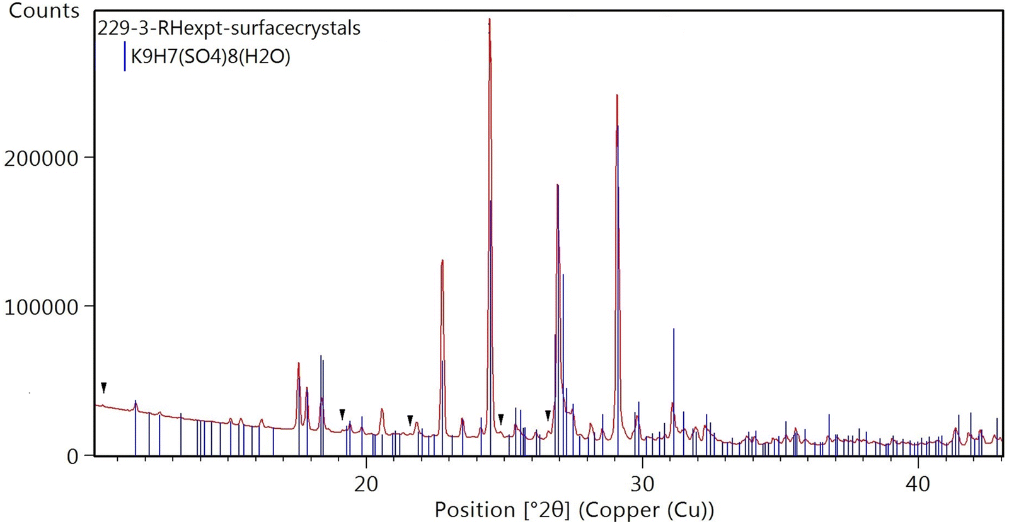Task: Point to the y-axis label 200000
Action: click(41, 158)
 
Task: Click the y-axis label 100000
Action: click(41, 308)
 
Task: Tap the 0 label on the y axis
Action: click(72, 457)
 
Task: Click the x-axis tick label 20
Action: click(366, 484)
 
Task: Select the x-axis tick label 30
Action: click(642, 484)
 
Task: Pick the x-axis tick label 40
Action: click(918, 484)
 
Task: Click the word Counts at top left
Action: click(44, 11)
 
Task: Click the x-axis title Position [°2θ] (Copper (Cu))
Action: click(574, 509)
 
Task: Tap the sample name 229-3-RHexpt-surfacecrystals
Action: click(229, 28)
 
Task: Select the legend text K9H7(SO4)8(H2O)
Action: click(210, 57)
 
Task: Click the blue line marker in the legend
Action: click(125, 57)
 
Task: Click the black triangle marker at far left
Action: click(104, 387)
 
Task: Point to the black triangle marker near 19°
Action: click(342, 414)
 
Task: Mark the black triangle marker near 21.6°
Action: click(410, 419)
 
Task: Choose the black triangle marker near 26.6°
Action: click(548, 415)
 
